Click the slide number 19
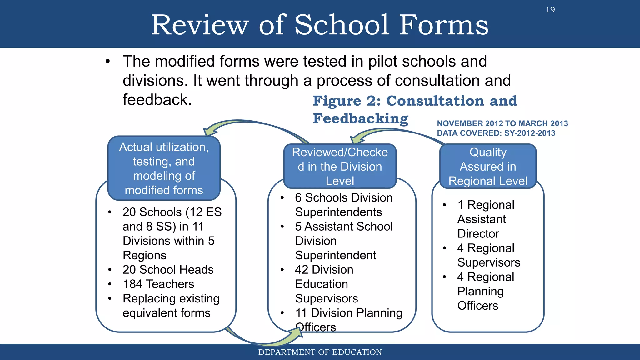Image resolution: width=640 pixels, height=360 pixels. [x=550, y=10]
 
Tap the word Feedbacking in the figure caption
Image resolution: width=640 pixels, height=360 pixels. [x=361, y=119]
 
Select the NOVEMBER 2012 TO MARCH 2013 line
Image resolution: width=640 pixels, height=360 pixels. [x=502, y=123]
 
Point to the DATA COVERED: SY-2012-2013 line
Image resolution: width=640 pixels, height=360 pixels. [x=496, y=133]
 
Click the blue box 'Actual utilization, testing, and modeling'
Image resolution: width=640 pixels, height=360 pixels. [x=164, y=168]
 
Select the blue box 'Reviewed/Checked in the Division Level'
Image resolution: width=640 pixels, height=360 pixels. [x=340, y=166]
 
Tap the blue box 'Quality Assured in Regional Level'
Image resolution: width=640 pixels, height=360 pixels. [x=487, y=166]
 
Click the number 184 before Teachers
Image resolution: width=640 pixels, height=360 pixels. [x=132, y=284]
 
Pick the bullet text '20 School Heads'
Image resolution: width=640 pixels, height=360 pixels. [x=168, y=270]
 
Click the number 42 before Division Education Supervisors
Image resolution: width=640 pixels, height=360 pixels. [x=302, y=270]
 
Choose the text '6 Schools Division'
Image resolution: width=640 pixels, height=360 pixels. [x=343, y=198]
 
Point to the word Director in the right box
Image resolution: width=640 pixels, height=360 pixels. [x=478, y=234]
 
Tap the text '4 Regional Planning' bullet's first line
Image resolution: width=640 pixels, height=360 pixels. [x=485, y=277]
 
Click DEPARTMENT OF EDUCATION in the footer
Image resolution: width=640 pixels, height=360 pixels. [x=320, y=352]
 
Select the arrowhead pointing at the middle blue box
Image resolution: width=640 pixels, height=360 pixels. [x=355, y=139]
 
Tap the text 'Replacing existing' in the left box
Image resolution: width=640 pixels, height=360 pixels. [x=171, y=298]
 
